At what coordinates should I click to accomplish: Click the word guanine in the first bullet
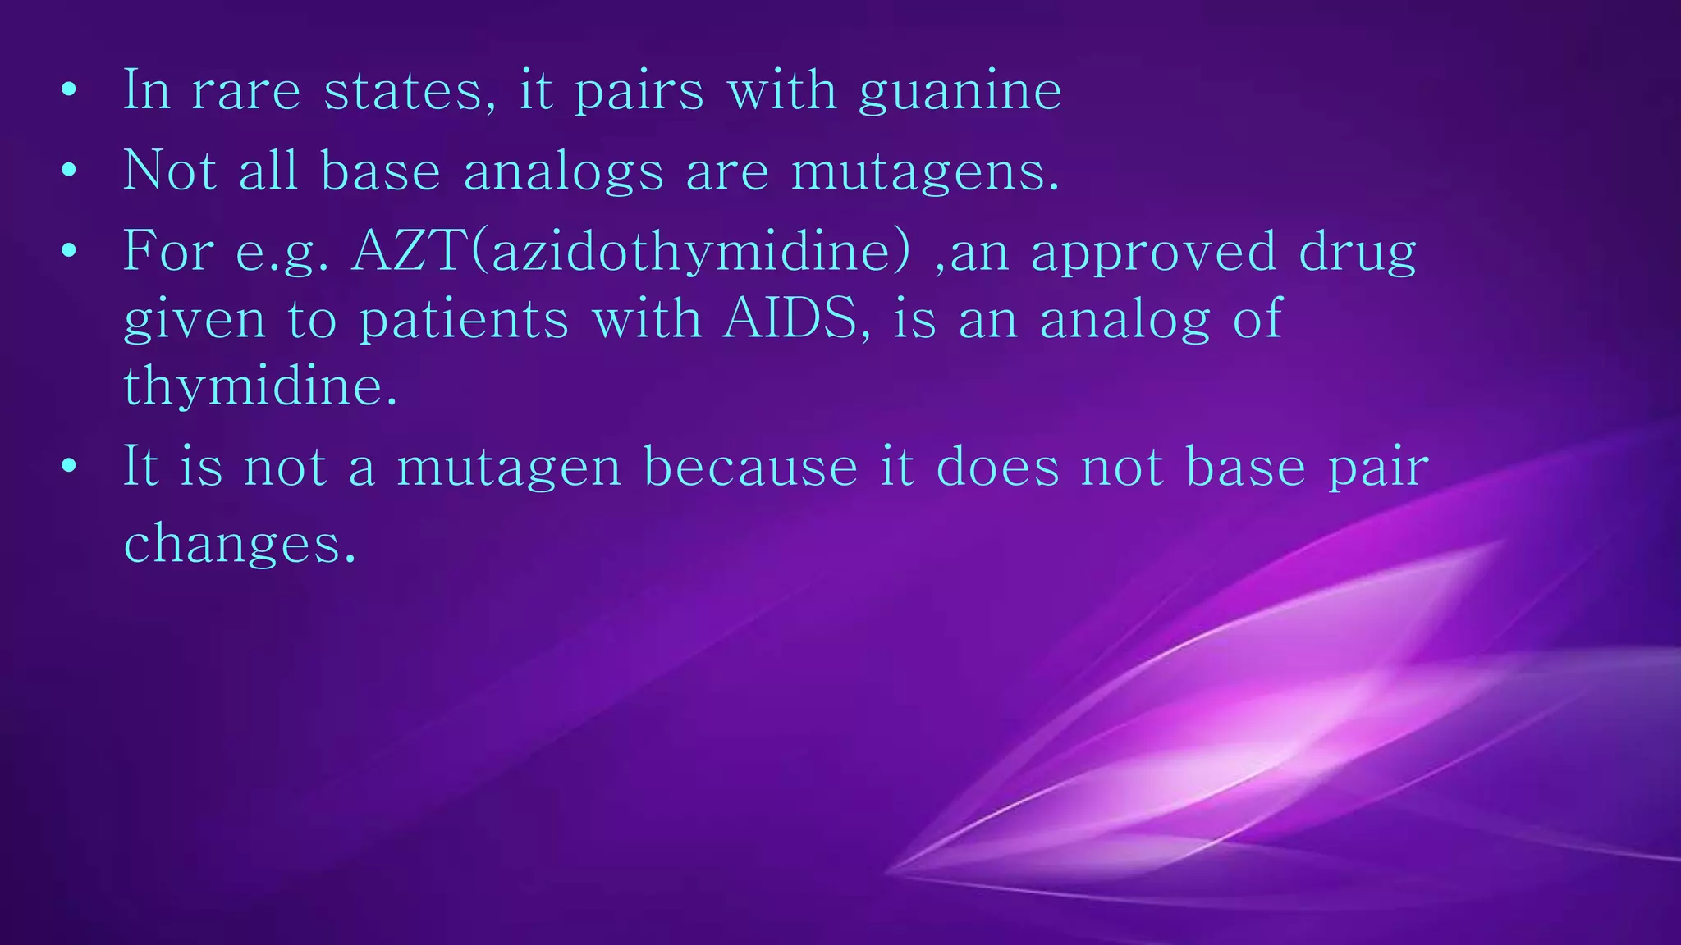pyautogui.click(x=960, y=92)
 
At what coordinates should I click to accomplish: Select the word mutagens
pyautogui.click(x=924, y=172)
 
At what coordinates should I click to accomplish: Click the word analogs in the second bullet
pyautogui.click(x=562, y=172)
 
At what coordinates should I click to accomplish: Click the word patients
pyautogui.click(x=464, y=319)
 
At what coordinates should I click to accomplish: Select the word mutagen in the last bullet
pyautogui.click(x=508, y=468)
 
